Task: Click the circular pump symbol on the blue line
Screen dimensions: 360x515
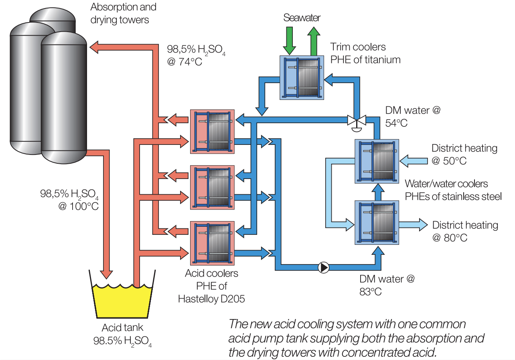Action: point(323,268)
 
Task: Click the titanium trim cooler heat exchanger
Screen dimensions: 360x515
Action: point(301,77)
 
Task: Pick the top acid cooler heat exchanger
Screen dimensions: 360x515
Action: point(212,131)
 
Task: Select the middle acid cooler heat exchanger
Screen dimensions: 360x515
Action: point(212,187)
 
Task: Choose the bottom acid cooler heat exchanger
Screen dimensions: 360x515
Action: point(212,243)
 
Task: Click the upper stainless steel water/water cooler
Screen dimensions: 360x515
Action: point(377,161)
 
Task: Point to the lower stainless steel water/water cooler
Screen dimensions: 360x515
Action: point(377,222)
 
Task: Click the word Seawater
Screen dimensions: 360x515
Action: point(302,18)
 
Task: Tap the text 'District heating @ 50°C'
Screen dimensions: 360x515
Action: point(464,155)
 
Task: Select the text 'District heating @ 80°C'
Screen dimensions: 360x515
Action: point(465,231)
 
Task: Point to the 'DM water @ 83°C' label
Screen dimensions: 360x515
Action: point(387,285)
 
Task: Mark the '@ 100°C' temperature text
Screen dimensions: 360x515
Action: point(78,206)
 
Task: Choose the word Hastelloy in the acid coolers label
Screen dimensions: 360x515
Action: point(203,298)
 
